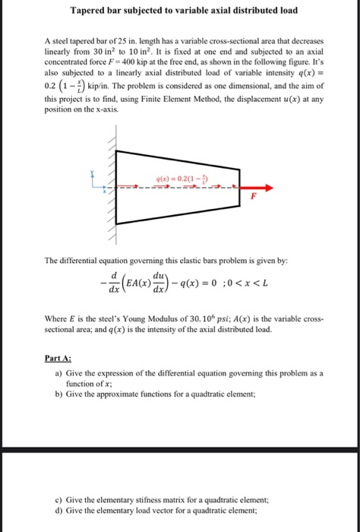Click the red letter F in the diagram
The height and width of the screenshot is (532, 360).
(x=255, y=196)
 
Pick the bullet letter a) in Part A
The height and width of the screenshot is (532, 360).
(x=58, y=375)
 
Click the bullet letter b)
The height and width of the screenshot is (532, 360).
(x=58, y=397)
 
